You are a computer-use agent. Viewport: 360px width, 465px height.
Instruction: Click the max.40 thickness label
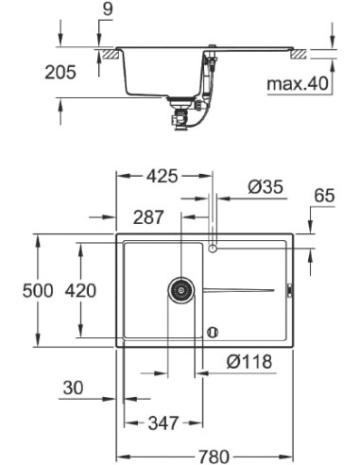pos(297,84)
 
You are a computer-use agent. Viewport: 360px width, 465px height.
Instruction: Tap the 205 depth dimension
pos(21,72)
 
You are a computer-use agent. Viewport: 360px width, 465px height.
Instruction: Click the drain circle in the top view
pos(180,289)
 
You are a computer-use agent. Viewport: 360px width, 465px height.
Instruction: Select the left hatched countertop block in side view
pos(110,56)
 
